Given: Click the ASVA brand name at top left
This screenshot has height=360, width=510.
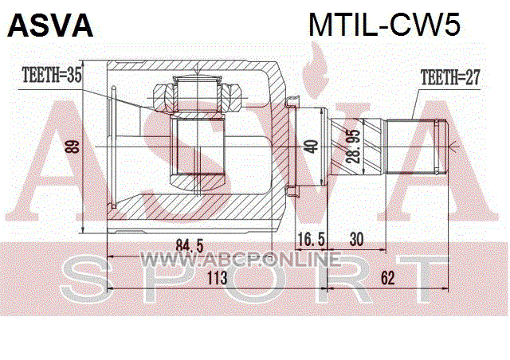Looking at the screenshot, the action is [x=50, y=25].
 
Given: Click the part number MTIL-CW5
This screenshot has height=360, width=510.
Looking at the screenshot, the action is [x=384, y=25].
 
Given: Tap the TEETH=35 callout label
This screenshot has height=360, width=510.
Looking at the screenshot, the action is [x=52, y=76].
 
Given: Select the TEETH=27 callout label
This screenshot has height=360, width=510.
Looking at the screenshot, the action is [x=449, y=78].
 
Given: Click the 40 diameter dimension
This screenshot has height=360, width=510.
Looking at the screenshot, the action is [x=312, y=147].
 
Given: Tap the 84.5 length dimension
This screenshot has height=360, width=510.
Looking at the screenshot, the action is [x=190, y=246].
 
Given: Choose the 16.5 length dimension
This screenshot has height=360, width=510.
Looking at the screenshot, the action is [x=311, y=240].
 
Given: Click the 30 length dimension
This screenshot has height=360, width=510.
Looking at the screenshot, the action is [x=356, y=240].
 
